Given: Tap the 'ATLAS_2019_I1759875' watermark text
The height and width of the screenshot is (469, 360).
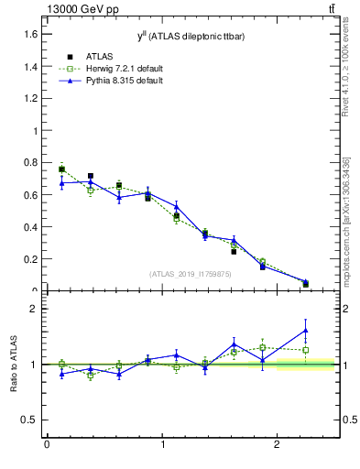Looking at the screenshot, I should tap(189, 273).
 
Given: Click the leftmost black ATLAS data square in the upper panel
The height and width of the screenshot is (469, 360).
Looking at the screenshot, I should tap(61, 169).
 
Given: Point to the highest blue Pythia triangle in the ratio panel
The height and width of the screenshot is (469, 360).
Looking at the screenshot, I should tap(305, 330).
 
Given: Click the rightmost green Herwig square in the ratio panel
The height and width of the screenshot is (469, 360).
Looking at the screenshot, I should tap(305, 350).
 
